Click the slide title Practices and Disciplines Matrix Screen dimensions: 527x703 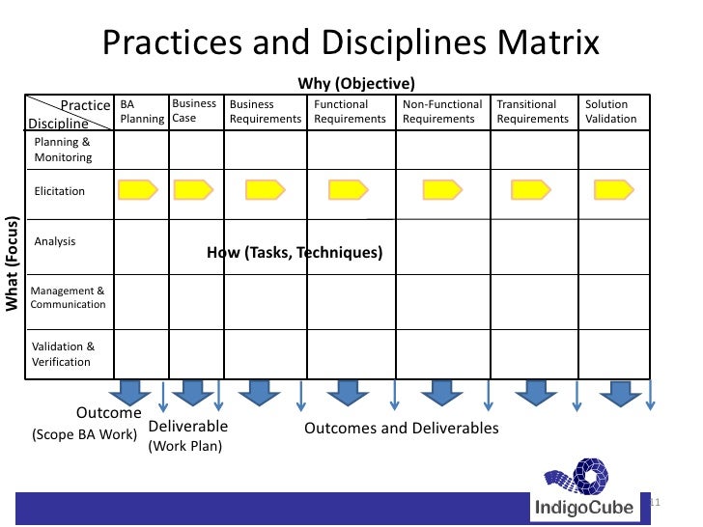click(x=351, y=43)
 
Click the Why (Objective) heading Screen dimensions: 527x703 click(x=356, y=83)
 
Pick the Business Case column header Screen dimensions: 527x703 click(x=194, y=111)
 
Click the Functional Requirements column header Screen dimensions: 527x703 click(x=350, y=112)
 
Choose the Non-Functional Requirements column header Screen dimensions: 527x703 click(x=442, y=112)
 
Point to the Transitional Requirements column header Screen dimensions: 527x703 click(x=533, y=112)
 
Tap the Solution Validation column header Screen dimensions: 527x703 click(x=611, y=112)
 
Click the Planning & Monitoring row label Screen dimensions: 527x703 click(x=63, y=150)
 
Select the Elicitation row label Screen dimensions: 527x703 click(x=60, y=191)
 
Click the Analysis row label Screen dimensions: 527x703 click(x=55, y=241)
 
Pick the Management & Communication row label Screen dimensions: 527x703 click(x=68, y=297)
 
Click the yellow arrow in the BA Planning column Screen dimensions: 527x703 click(x=137, y=190)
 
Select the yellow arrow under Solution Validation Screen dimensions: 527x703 click(x=612, y=190)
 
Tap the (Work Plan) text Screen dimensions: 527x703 click(x=184, y=447)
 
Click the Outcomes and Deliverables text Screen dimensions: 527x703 click(x=402, y=429)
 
